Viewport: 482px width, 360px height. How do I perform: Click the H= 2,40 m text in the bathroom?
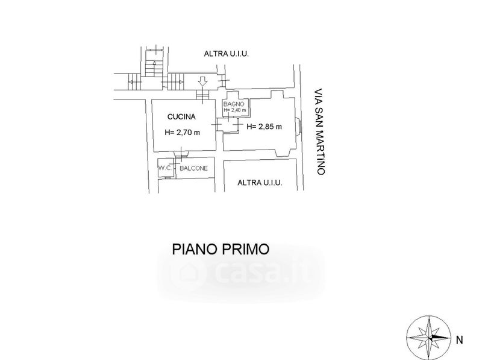234,110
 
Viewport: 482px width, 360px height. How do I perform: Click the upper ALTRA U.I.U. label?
227,54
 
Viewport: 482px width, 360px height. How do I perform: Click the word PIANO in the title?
193,248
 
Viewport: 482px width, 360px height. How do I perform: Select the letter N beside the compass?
460,340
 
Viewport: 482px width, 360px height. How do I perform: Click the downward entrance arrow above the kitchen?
202,80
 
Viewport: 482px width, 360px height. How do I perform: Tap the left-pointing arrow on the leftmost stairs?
131,81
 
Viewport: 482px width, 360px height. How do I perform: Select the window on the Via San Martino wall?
299,126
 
